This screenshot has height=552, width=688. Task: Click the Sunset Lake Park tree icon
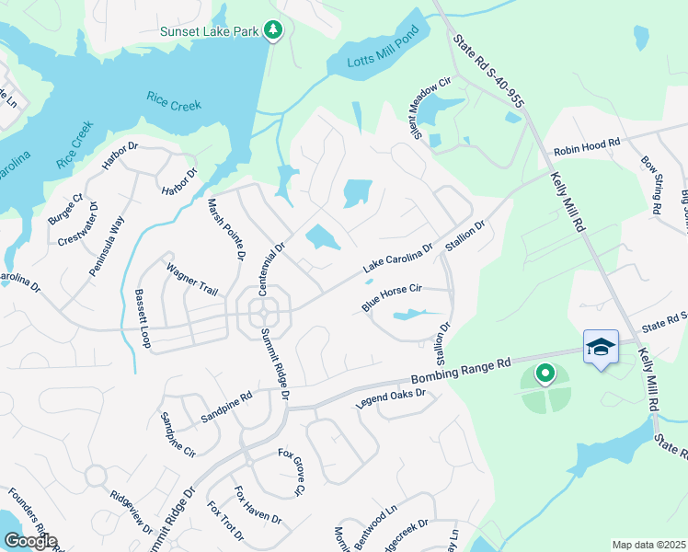click(x=272, y=31)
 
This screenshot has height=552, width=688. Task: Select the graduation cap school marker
click(x=600, y=347)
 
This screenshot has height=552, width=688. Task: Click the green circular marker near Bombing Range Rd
click(x=545, y=374)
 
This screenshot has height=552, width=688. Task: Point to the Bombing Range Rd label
click(x=460, y=371)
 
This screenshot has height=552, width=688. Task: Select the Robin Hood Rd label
click(x=587, y=147)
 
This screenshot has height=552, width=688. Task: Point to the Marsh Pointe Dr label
click(x=225, y=229)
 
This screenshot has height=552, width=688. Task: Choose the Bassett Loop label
click(x=143, y=317)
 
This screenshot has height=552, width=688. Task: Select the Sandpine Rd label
click(x=226, y=409)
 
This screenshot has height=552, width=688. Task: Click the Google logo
click(x=30, y=541)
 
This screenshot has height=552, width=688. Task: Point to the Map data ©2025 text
click(x=648, y=545)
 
